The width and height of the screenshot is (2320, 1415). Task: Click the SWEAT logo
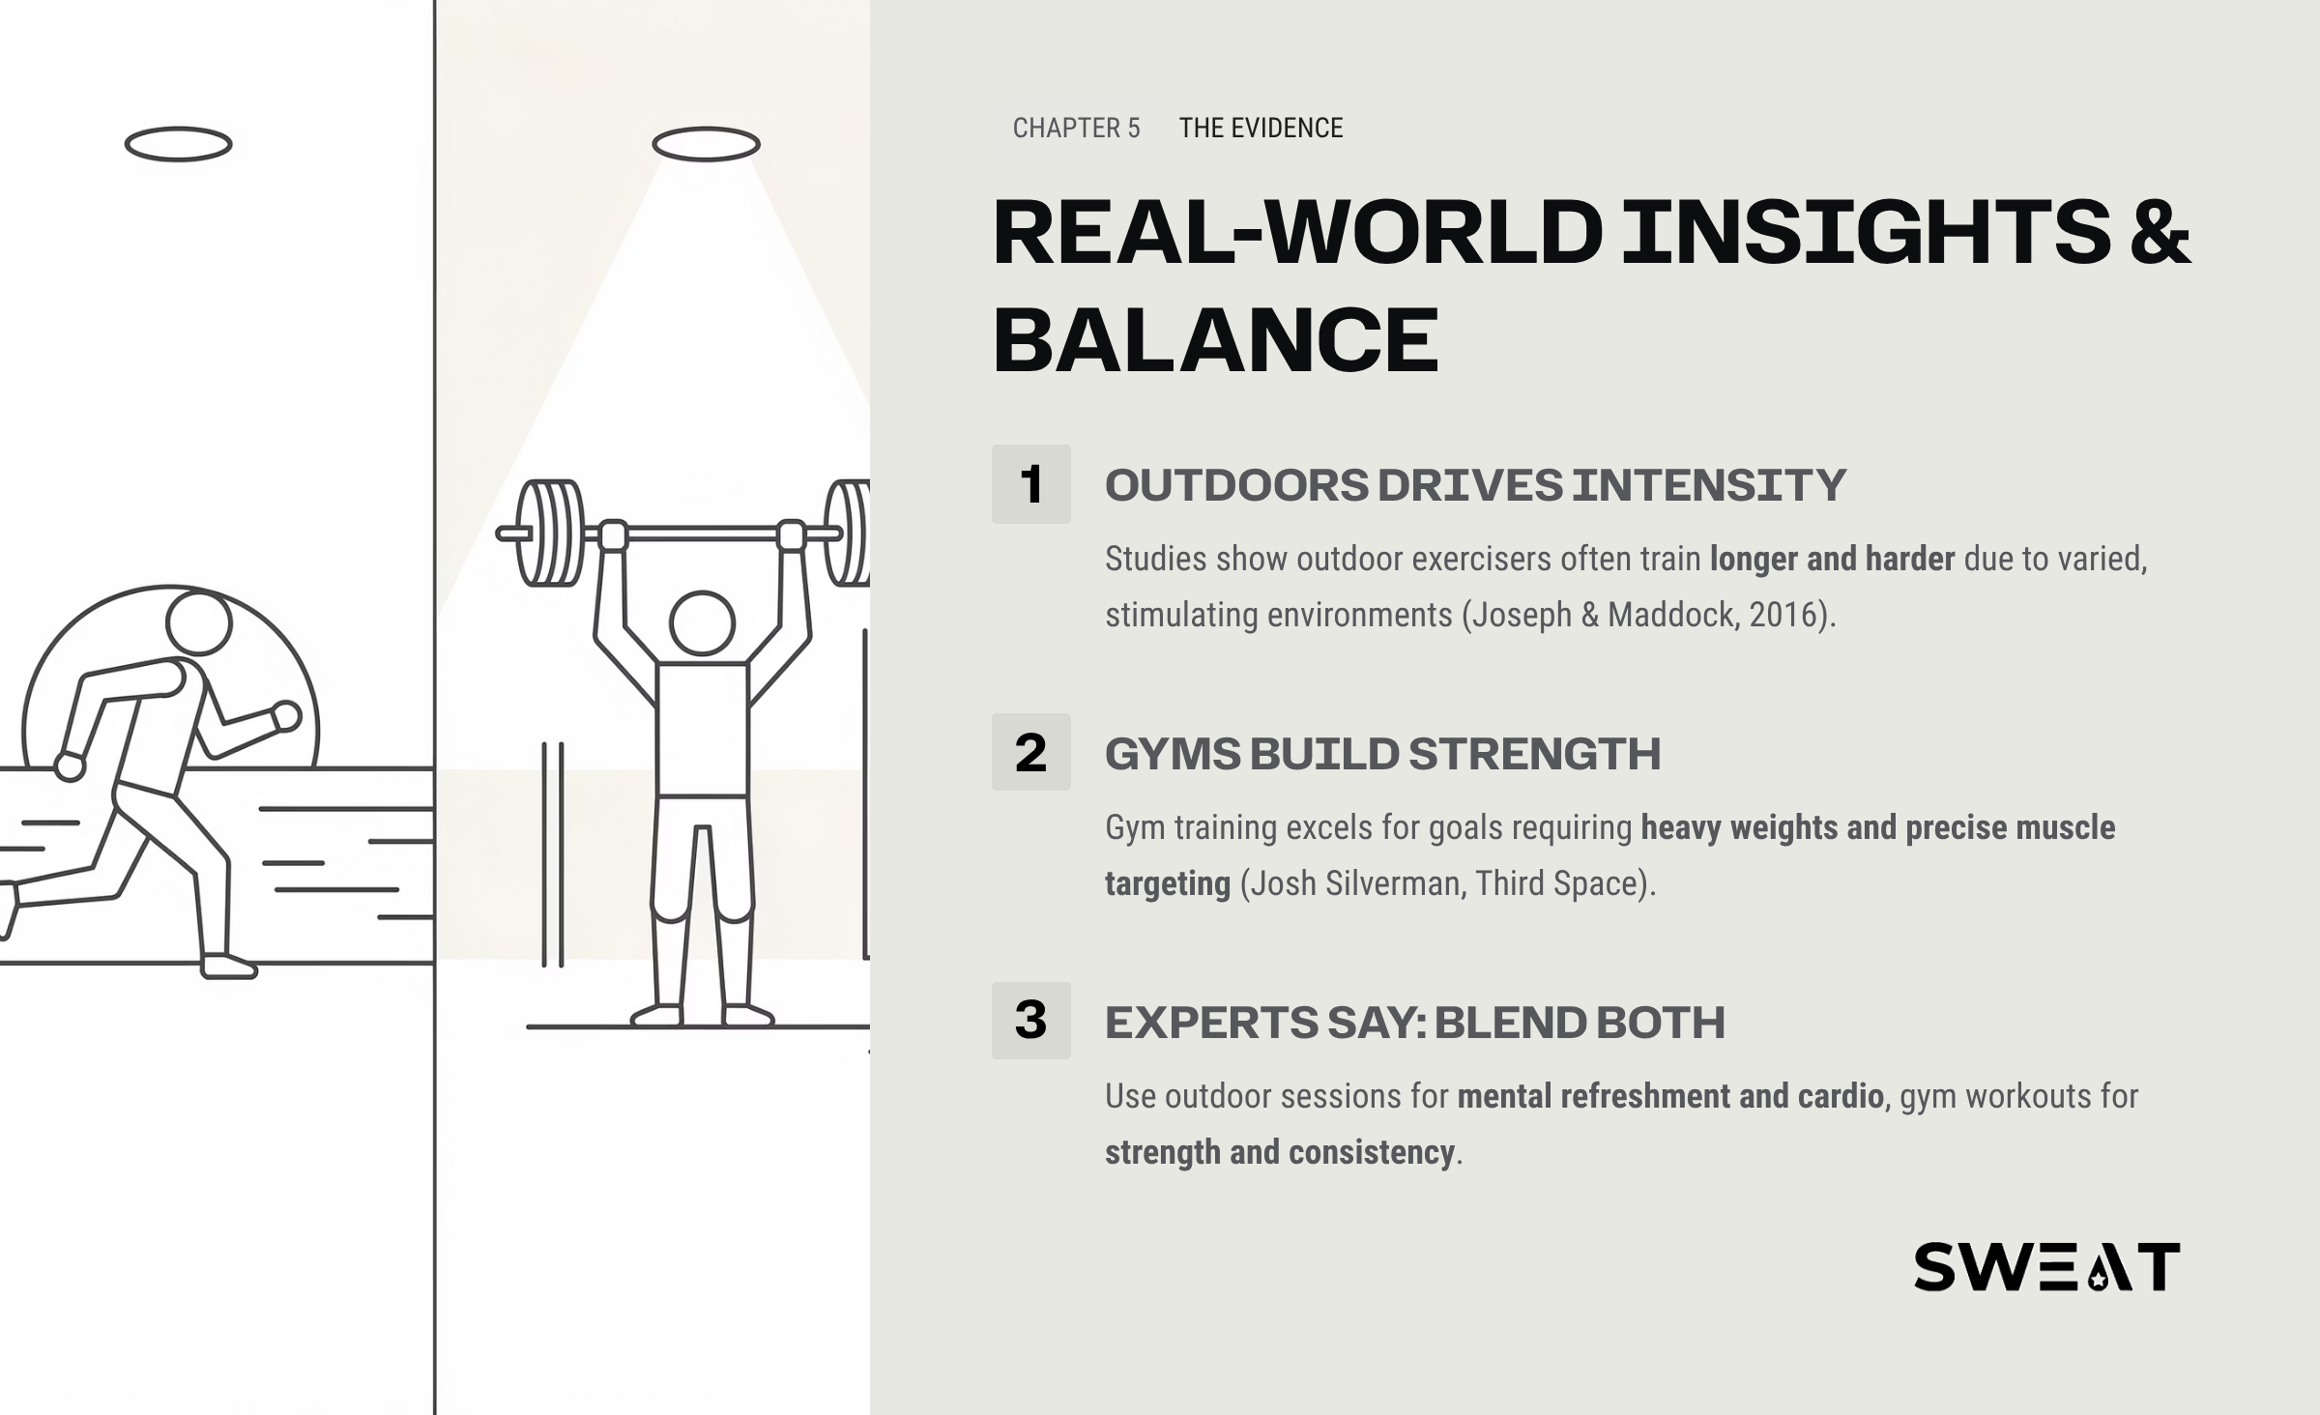2046,1267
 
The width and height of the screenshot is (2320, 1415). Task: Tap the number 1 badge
1030,484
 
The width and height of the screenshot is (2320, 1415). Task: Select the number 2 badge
1030,752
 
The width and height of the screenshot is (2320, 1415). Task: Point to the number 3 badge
1030,1021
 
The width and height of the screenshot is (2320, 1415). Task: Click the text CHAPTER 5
1076,128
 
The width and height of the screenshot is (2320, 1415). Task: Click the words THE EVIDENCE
1261,128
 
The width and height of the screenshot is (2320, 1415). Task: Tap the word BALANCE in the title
1216,339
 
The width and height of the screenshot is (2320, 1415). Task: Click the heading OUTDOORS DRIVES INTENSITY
1475,485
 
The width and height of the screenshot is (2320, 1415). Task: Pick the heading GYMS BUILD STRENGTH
1382,754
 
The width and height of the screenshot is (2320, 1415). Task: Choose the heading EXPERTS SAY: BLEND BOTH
1414,1023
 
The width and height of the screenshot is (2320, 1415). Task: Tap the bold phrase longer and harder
1832,559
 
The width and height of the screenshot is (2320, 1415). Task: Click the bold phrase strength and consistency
1280,1152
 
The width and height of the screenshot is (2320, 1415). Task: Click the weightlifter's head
703,623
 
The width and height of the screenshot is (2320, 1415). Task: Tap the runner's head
198,623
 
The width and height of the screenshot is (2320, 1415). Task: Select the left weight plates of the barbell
551,534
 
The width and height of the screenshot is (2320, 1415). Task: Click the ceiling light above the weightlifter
706,144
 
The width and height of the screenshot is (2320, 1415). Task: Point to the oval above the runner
179,144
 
